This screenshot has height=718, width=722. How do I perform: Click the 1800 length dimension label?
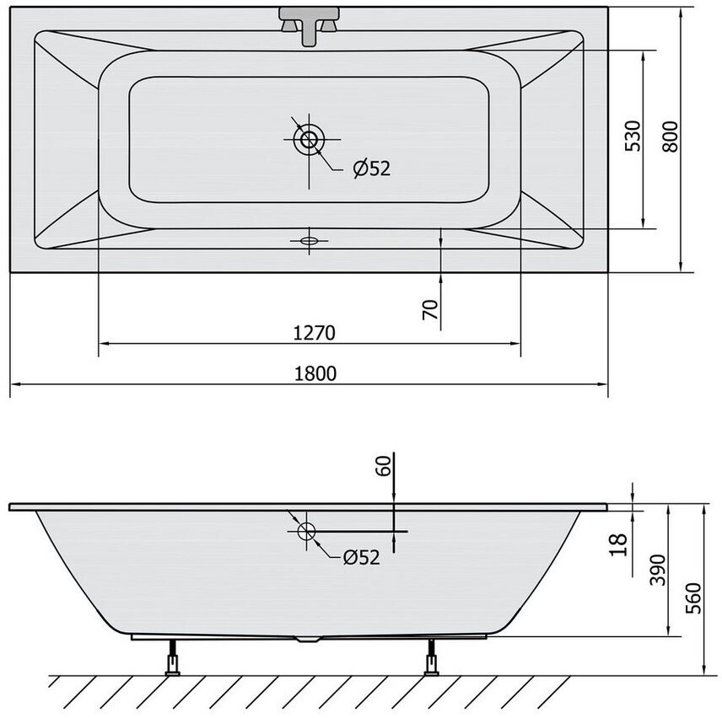click(315, 373)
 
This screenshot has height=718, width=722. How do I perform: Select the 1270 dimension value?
click(315, 333)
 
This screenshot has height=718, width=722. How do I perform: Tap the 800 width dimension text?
click(671, 137)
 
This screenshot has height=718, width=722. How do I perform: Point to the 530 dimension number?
click(633, 136)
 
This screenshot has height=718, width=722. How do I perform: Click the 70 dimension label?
click(429, 309)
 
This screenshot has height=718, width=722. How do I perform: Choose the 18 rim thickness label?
click(619, 544)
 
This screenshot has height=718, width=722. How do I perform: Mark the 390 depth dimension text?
click(658, 571)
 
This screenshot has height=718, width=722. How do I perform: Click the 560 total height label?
click(693, 598)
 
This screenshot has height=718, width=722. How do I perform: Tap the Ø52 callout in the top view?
click(372, 169)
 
